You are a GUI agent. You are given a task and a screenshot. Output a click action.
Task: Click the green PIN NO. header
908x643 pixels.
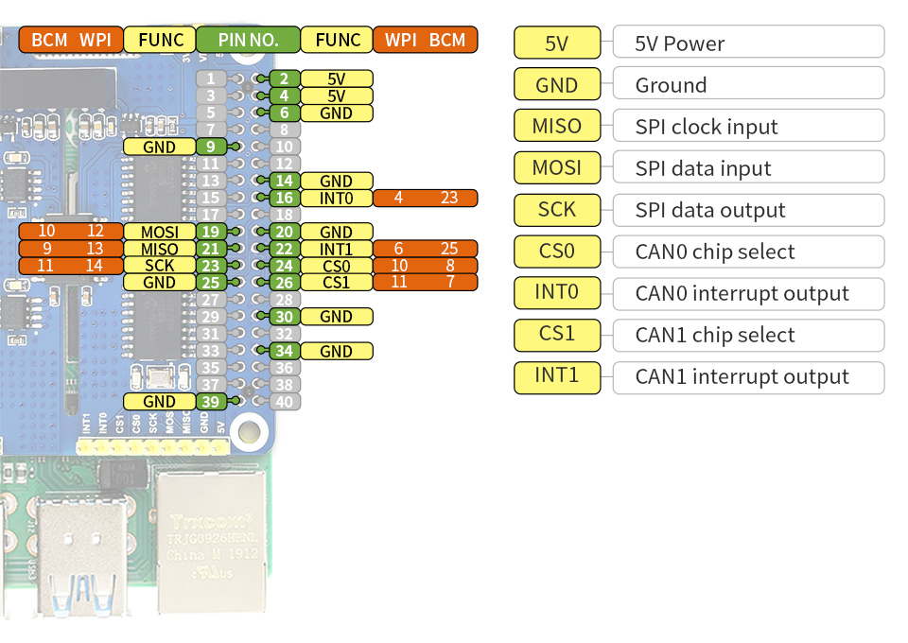(248, 40)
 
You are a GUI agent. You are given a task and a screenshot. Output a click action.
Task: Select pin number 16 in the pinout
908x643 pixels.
(284, 198)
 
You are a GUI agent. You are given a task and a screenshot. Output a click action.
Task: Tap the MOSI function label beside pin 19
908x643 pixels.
(159, 232)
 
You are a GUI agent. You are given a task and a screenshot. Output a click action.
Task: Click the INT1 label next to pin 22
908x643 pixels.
(336, 249)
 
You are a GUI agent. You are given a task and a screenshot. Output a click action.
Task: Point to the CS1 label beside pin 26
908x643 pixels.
(336, 283)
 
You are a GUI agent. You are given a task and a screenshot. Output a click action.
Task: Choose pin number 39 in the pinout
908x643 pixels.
(211, 402)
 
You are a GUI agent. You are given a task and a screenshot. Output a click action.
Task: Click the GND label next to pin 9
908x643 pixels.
(159, 147)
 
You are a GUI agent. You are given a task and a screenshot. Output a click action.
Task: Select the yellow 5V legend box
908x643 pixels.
(557, 43)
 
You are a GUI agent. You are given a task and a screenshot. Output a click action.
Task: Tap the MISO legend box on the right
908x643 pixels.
(557, 126)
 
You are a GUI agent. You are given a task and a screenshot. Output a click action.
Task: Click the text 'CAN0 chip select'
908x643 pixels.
(715, 252)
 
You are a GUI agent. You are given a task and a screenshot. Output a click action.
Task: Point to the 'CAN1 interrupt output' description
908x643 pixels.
(742, 376)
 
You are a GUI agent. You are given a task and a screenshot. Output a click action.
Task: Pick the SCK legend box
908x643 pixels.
(557, 209)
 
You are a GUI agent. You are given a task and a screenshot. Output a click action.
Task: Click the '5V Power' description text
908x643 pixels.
(681, 43)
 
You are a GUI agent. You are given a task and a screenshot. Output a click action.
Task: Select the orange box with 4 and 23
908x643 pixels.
(425, 198)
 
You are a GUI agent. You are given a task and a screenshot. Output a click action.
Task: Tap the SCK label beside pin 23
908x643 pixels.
(159, 266)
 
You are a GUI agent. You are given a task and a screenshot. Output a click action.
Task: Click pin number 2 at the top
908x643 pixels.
(284, 78)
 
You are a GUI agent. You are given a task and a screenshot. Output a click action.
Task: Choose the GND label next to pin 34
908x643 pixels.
(336, 351)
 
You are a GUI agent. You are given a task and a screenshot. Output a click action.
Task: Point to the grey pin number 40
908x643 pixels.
(284, 402)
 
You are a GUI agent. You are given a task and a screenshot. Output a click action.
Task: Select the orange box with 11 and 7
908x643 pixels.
(425, 283)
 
